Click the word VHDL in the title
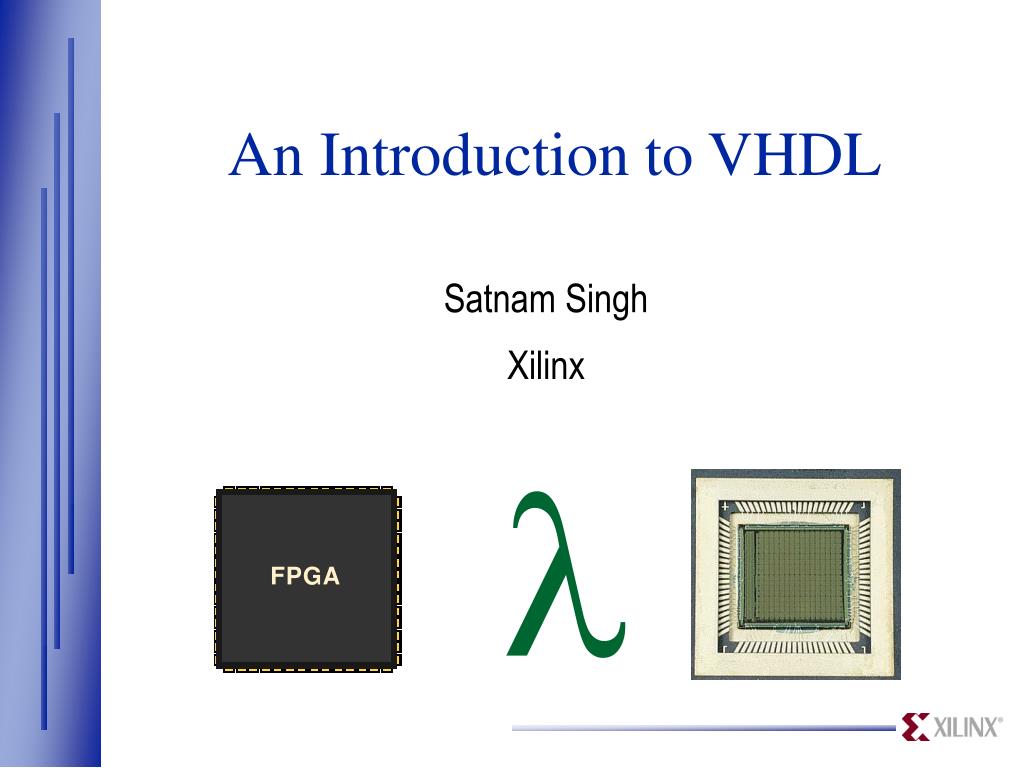pos(794,156)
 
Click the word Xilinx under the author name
pos(545,366)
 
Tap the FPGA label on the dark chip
pos(305,577)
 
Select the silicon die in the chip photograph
pos(795,576)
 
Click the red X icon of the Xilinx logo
pos(915,727)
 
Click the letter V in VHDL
pos(731,156)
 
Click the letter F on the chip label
pos(277,577)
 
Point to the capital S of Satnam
pos(454,299)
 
